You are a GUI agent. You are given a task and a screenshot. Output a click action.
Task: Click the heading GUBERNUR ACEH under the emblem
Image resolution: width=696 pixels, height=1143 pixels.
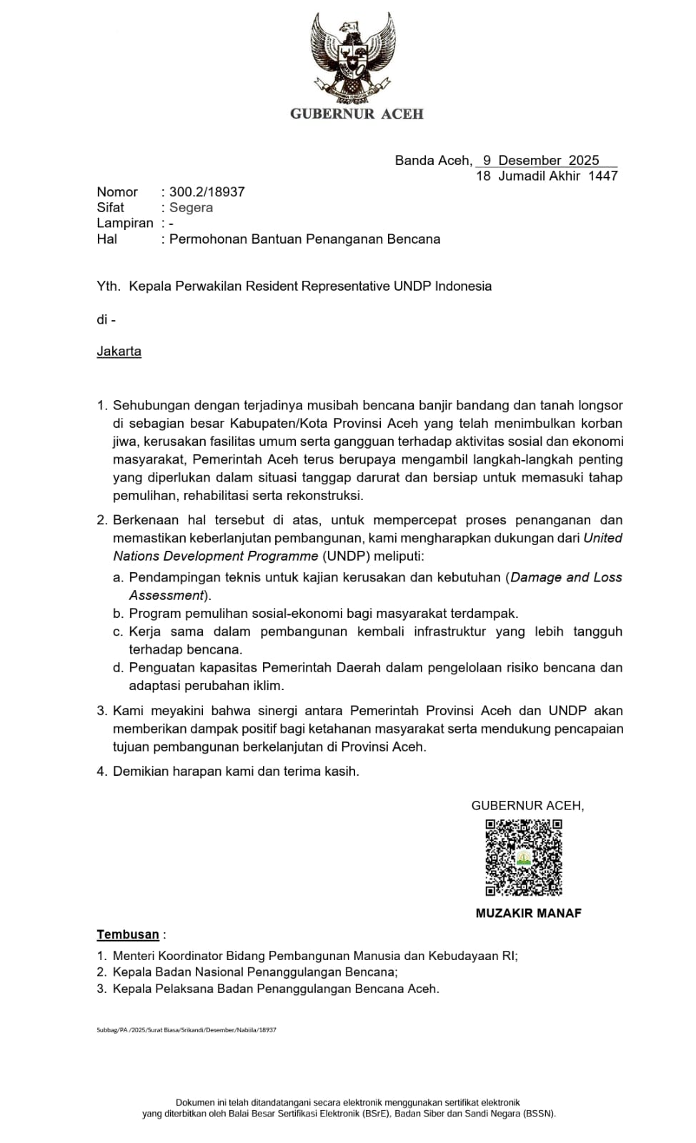pyautogui.click(x=357, y=114)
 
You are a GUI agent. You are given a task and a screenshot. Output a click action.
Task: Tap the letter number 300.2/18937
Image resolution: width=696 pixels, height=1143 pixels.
pyautogui.click(x=207, y=192)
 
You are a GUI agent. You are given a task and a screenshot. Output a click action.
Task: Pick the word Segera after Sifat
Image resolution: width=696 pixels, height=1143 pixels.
pyautogui.click(x=191, y=208)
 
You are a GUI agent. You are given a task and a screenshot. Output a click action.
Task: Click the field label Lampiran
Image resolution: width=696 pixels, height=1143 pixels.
pyautogui.click(x=125, y=224)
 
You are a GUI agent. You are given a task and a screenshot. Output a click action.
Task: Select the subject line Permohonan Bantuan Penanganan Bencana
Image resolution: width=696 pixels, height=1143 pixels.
pyautogui.click(x=304, y=239)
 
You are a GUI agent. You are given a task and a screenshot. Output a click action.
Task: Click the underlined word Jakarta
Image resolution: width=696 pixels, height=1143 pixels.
pyautogui.click(x=119, y=351)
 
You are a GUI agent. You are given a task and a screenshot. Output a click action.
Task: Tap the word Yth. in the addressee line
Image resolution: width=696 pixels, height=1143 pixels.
pyautogui.click(x=109, y=286)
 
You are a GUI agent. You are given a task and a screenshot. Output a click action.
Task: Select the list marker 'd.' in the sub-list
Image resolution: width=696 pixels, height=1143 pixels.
pyautogui.click(x=118, y=668)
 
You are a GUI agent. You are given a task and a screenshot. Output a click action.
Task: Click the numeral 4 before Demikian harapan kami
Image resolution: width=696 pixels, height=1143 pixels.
pyautogui.click(x=101, y=772)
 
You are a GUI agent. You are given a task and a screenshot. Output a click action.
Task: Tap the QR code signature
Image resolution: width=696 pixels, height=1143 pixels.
pyautogui.click(x=524, y=857)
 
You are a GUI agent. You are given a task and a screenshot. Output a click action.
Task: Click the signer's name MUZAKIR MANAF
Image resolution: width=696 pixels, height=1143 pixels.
pyautogui.click(x=528, y=913)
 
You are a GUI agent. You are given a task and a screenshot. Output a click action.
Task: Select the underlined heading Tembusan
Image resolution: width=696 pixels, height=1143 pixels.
pyautogui.click(x=128, y=934)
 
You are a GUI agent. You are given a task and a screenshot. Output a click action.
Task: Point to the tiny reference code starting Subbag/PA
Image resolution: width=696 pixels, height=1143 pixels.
pyautogui.click(x=186, y=1030)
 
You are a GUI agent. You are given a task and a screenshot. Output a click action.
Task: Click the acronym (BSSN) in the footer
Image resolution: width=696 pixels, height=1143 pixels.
pyautogui.click(x=538, y=1114)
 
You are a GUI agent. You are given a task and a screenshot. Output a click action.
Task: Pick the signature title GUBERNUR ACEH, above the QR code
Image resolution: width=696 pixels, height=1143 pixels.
pyautogui.click(x=527, y=806)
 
